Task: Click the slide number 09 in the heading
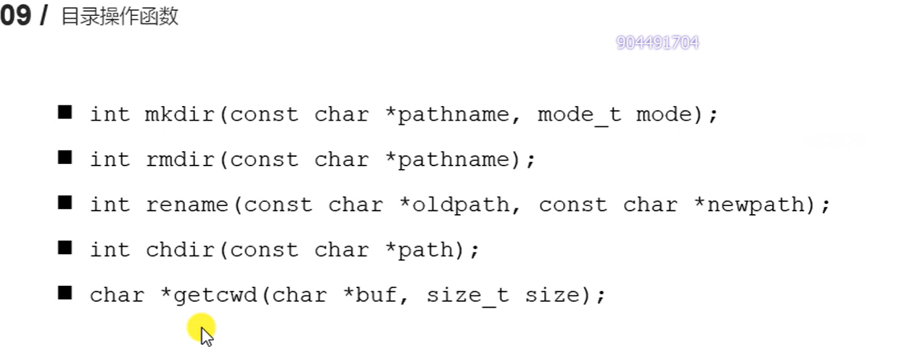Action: pos(16,16)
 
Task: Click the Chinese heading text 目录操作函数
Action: pos(120,17)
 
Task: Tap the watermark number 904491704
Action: pos(657,43)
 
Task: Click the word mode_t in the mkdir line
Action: pos(579,115)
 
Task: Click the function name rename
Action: pos(186,205)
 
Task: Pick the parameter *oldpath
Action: pos(455,205)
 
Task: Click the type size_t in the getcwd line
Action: pos(467,295)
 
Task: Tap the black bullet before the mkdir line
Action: pos(65,112)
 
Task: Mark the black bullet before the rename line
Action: pos(65,203)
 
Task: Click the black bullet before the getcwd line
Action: pos(65,293)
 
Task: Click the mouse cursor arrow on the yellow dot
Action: pos(206,335)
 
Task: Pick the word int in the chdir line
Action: pos(110,250)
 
